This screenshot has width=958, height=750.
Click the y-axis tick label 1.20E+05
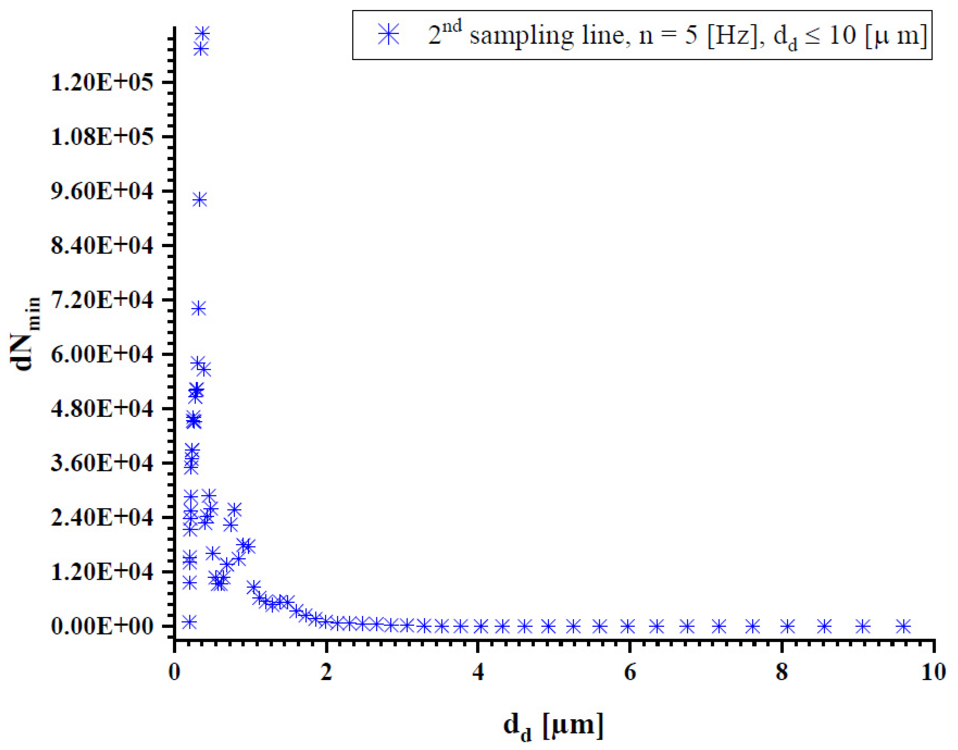pos(103,83)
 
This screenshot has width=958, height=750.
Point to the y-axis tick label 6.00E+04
pos(103,355)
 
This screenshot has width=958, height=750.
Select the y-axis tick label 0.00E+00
pos(103,626)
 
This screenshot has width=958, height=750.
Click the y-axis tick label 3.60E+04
pos(103,463)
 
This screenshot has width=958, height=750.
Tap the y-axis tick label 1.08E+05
pos(103,137)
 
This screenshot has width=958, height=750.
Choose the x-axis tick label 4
pos(479,672)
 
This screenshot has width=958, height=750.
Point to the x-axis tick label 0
pos(175,672)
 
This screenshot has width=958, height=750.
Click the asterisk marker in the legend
pos(389,35)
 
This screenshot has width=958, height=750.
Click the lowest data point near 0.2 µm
pos(189,622)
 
